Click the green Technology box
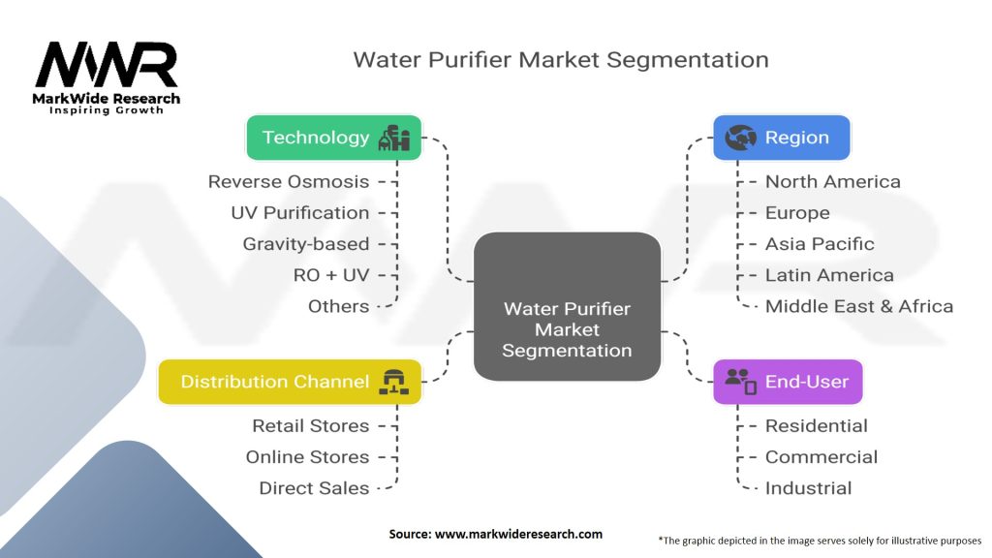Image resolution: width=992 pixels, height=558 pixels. coord(333,138)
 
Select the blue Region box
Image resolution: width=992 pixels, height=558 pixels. coord(782,138)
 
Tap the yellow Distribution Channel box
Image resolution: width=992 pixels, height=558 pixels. coord(290,382)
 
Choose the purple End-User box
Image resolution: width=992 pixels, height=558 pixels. coord(788,382)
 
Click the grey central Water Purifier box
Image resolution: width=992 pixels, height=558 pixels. coord(567,306)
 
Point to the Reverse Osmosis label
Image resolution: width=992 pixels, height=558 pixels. coord(289,181)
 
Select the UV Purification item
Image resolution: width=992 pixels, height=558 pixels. coord(300,212)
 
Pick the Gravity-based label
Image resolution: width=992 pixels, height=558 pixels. coord(305,244)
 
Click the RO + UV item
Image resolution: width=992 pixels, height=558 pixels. coord(331,275)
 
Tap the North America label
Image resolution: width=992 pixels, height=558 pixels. coord(832,181)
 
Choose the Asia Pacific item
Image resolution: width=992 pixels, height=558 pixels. coord(820,244)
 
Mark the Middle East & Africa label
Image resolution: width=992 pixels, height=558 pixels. coord(859,306)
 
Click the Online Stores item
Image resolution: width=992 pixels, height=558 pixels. coord(307,457)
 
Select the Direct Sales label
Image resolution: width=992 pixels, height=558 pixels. coord(314,488)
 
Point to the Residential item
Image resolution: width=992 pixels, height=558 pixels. coord(816,426)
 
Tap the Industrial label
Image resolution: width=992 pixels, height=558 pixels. coord(808,488)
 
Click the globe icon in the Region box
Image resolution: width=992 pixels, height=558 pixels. coord(740,138)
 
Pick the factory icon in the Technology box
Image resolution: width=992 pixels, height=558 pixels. coord(394,138)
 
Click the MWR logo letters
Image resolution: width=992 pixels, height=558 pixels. coord(107,65)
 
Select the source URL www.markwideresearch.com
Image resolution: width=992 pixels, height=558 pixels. coord(518,534)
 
